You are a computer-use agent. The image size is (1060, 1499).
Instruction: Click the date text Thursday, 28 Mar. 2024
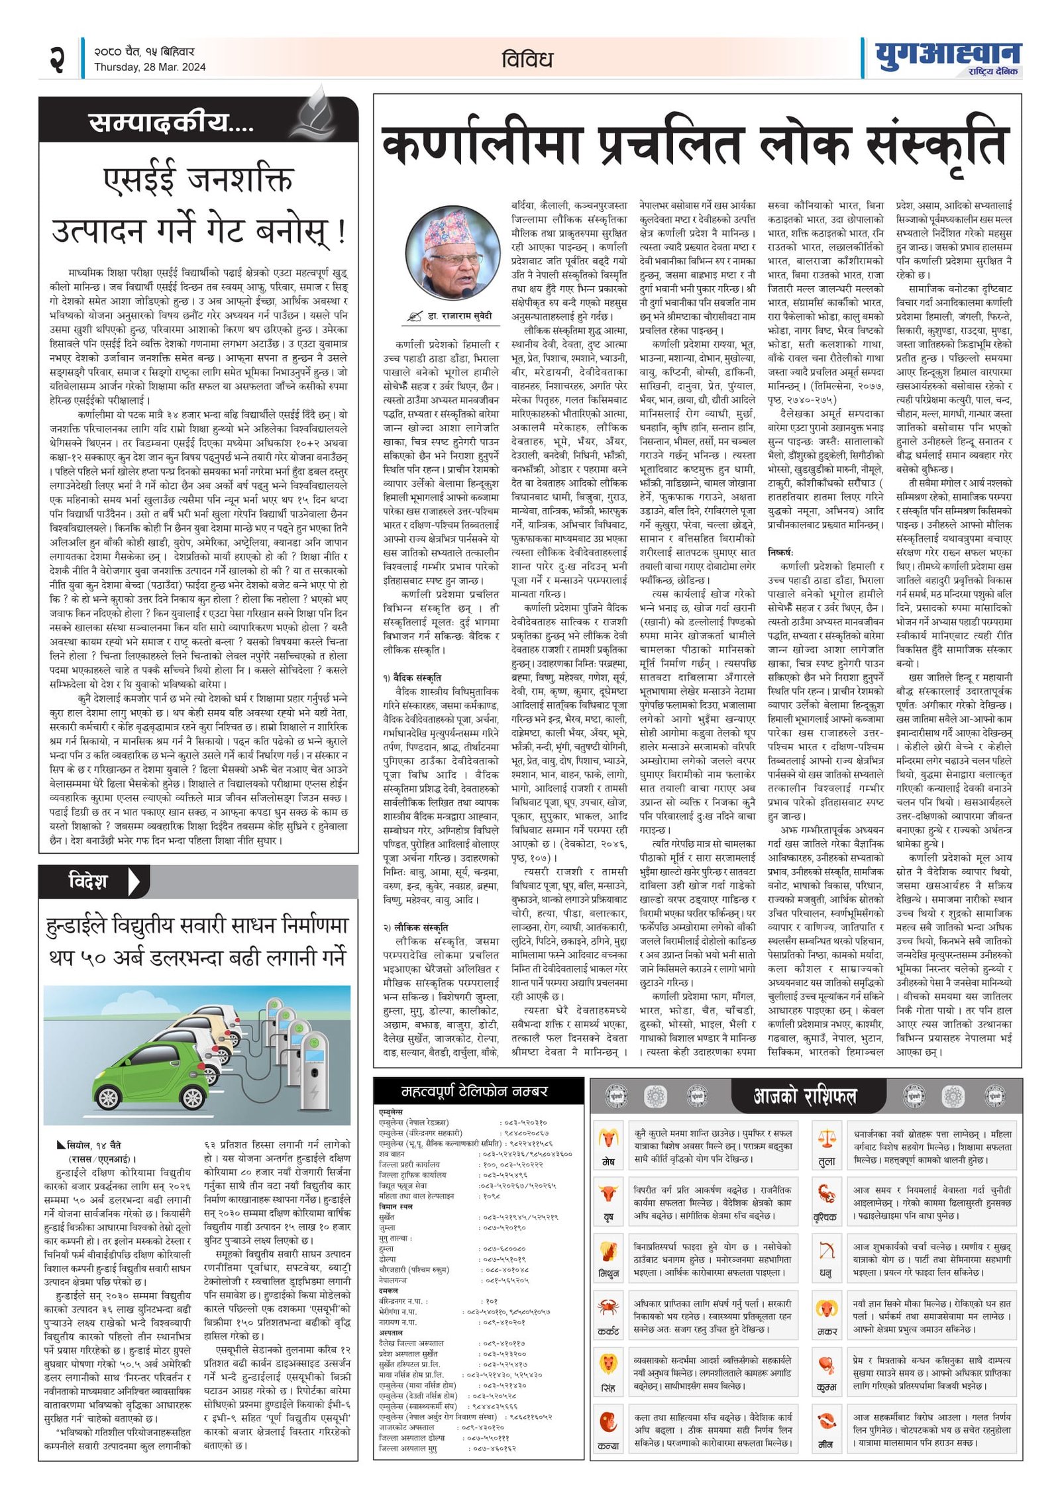150,67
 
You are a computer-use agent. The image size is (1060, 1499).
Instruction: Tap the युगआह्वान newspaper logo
947,57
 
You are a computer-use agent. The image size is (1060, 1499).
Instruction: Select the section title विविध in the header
527,60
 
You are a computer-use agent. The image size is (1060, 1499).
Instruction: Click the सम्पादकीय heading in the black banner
171,122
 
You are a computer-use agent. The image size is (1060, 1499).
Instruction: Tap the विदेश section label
88,881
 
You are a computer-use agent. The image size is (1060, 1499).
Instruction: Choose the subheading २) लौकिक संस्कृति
415,927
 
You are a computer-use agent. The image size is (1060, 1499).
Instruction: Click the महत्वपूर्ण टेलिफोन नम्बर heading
474,1091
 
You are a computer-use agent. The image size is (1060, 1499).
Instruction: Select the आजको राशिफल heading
804,1096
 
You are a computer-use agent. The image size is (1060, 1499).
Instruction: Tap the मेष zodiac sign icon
608,1139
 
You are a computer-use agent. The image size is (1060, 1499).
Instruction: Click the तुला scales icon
827,1139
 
